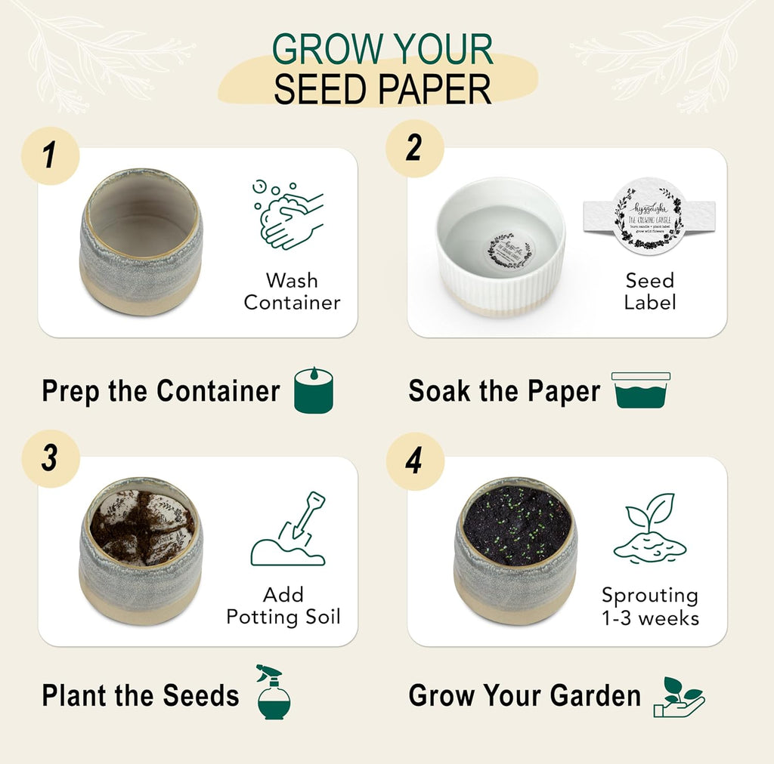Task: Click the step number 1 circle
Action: click(x=50, y=156)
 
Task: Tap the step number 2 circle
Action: click(x=414, y=148)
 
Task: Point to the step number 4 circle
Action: click(x=414, y=461)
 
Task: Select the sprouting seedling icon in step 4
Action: click(x=649, y=528)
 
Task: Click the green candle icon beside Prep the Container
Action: click(x=313, y=390)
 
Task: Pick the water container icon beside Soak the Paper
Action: click(x=641, y=390)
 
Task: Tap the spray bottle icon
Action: click(x=273, y=692)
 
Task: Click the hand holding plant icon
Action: click(x=679, y=696)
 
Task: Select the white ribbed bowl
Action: click(x=500, y=246)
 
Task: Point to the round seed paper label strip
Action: click(x=649, y=217)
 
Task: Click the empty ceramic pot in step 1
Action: click(x=141, y=242)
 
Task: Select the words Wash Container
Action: click(x=292, y=291)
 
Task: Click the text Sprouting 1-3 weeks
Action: click(x=650, y=606)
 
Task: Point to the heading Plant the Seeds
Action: click(x=141, y=695)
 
